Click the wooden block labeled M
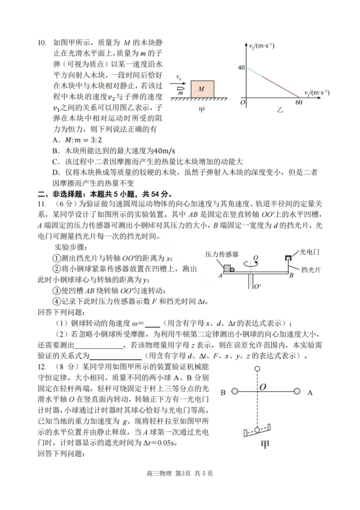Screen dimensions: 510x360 point(202,89)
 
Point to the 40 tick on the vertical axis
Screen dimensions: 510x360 point(241,67)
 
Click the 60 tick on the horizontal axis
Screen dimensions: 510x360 point(299,102)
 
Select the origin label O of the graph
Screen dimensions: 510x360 point(243,102)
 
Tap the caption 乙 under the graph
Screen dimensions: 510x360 point(280,110)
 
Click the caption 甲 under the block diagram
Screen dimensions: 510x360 point(202,110)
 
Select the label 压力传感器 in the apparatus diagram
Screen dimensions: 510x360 point(222,254)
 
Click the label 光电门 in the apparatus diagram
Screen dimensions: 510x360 point(310,252)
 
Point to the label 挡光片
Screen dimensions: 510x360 point(311,270)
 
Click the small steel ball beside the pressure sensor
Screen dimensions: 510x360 point(232,270)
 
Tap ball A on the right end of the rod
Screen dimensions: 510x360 point(297,391)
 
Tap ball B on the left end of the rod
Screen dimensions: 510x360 point(235,391)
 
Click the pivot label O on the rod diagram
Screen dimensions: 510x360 point(263,387)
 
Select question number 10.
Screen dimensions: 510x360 point(42,42)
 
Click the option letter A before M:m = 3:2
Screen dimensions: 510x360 point(56,140)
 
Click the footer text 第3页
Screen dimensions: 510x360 point(183,473)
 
